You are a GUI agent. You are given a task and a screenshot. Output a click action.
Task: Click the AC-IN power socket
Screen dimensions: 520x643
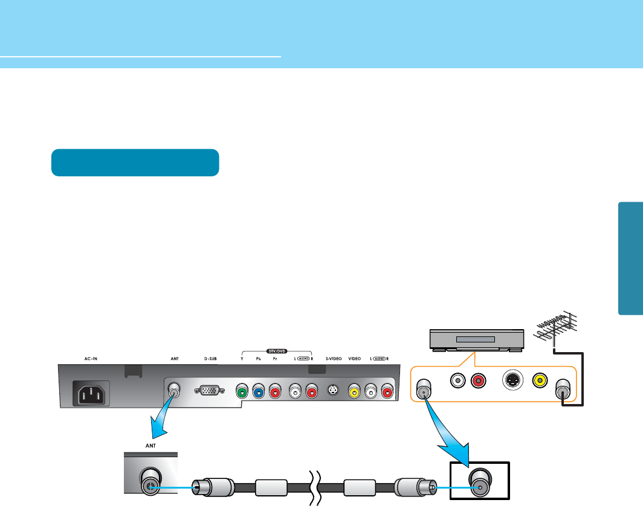click(x=91, y=394)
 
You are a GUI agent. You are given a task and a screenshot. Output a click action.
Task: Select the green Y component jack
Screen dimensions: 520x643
click(x=242, y=391)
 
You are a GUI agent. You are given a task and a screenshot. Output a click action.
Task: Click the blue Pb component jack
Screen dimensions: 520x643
click(x=258, y=391)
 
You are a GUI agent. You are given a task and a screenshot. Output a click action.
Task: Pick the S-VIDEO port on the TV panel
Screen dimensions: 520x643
click(x=333, y=391)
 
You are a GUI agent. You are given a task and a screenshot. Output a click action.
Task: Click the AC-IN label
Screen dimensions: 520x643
click(x=91, y=358)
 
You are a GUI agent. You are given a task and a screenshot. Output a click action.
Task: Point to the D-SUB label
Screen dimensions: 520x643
click(x=210, y=358)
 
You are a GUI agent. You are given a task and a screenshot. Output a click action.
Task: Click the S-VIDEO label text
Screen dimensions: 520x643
click(x=334, y=358)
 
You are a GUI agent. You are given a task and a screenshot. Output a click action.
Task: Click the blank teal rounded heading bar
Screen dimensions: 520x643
click(x=135, y=162)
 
